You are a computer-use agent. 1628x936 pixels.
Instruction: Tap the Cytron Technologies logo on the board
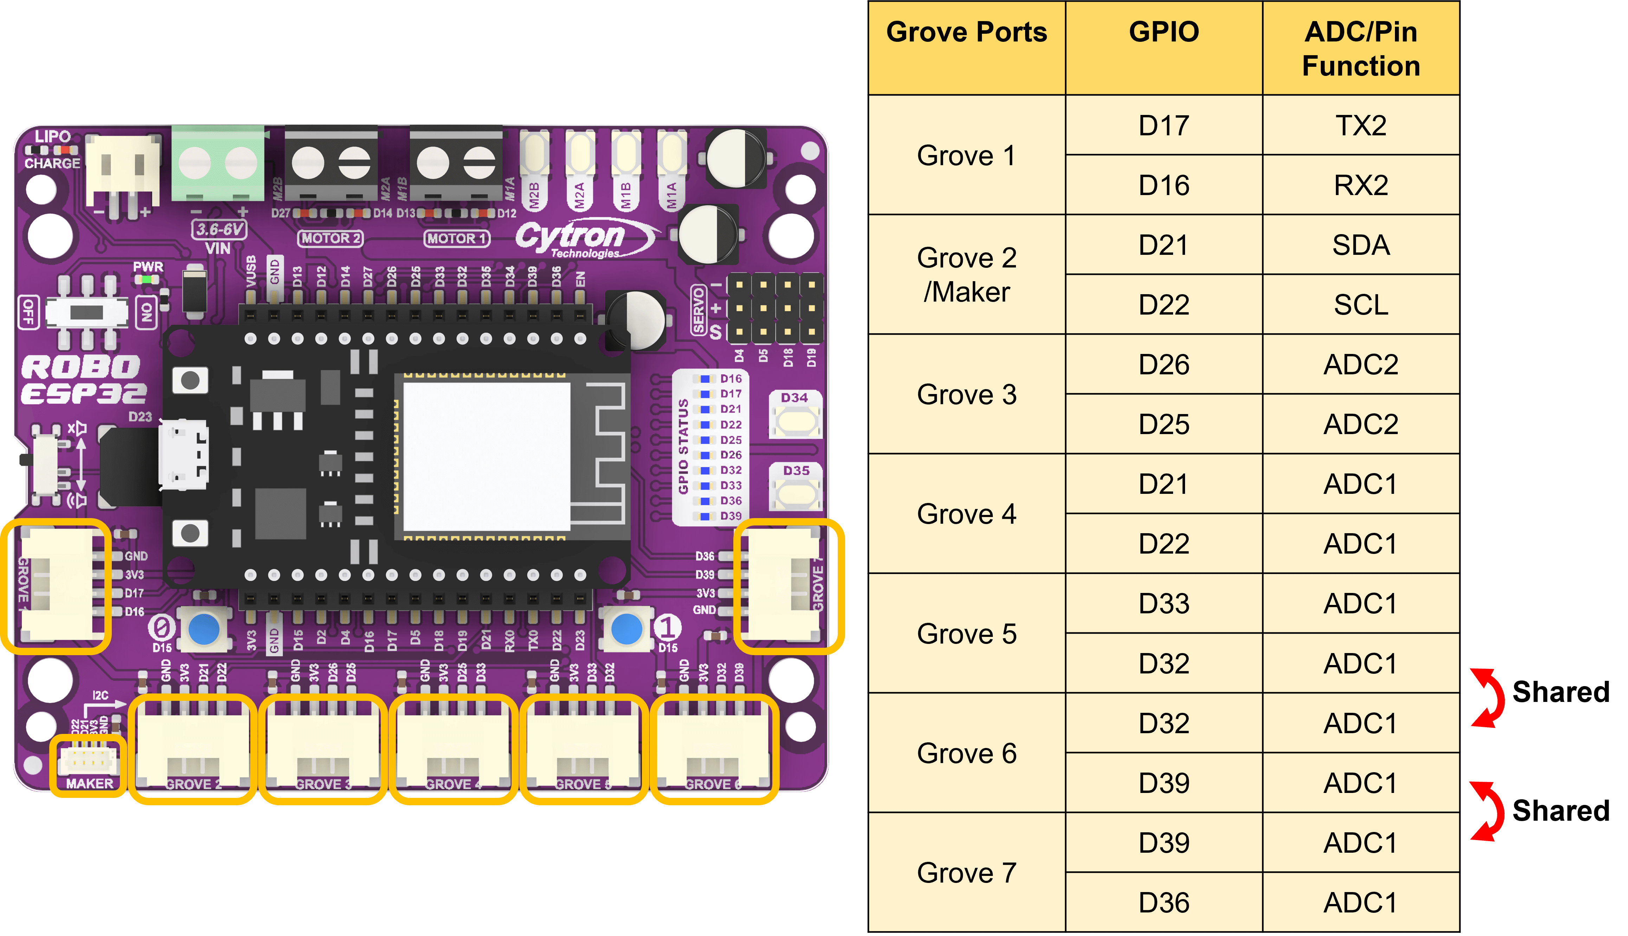pos(579,238)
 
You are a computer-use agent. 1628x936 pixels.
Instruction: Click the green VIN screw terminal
pos(217,164)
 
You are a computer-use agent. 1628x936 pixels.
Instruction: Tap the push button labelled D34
pos(795,421)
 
